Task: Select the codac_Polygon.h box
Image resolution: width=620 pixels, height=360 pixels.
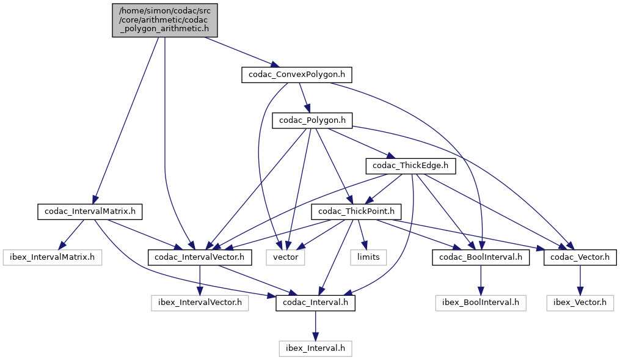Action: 312,120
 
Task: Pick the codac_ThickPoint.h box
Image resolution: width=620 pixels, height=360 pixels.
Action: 356,211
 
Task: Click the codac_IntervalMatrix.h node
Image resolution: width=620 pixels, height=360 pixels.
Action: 90,212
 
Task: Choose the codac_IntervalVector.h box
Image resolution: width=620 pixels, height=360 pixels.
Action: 200,257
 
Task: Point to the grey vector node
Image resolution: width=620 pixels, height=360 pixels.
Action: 285,257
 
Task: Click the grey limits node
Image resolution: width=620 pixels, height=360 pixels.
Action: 369,257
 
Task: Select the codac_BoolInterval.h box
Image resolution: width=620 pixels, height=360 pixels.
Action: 481,257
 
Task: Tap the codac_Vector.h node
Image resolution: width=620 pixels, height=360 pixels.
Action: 580,257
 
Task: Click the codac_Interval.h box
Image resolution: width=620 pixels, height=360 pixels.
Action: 315,303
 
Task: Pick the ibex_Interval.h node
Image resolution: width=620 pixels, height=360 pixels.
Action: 315,348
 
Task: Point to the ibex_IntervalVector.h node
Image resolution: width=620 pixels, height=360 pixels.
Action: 200,303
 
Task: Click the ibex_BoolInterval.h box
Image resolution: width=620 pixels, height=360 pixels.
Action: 481,303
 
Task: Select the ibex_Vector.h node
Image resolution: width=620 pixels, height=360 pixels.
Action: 580,303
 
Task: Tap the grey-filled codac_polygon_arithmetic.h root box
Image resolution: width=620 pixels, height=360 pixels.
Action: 165,21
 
